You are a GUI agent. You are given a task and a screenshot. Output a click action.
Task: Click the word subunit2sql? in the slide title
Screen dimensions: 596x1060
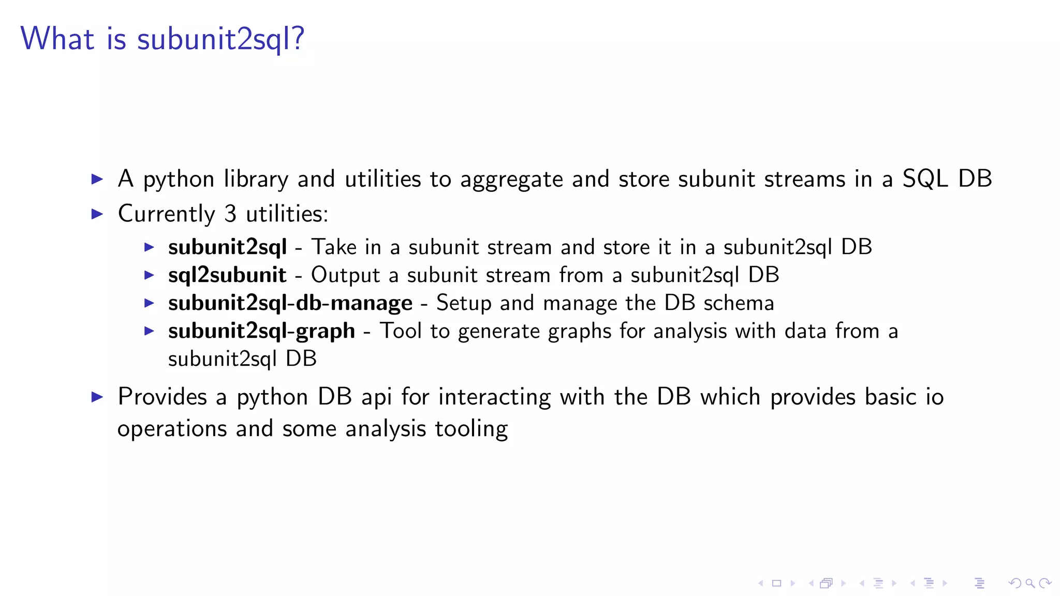220,39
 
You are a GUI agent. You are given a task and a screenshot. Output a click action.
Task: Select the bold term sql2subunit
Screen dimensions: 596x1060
227,275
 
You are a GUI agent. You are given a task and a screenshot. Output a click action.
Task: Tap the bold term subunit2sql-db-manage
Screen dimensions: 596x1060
290,303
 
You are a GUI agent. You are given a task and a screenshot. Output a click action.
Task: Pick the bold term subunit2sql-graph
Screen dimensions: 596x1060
261,331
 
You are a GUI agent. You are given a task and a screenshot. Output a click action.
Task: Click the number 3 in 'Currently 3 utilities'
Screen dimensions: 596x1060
230,214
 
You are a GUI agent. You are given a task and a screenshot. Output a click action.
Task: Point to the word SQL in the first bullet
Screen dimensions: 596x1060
925,179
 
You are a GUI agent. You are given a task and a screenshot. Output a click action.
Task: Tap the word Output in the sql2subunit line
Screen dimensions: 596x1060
345,275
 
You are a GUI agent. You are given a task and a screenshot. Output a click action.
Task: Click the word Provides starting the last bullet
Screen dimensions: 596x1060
162,397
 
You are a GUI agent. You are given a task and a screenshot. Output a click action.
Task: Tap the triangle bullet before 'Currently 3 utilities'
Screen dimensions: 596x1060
97,214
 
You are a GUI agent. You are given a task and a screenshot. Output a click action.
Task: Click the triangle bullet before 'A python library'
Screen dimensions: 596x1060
97,179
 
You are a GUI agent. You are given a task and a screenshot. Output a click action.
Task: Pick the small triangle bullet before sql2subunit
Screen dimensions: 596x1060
149,275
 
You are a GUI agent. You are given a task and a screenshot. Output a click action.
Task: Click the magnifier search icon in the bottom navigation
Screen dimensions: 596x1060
1030,584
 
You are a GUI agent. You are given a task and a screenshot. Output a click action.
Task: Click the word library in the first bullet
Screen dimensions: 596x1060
256,179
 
